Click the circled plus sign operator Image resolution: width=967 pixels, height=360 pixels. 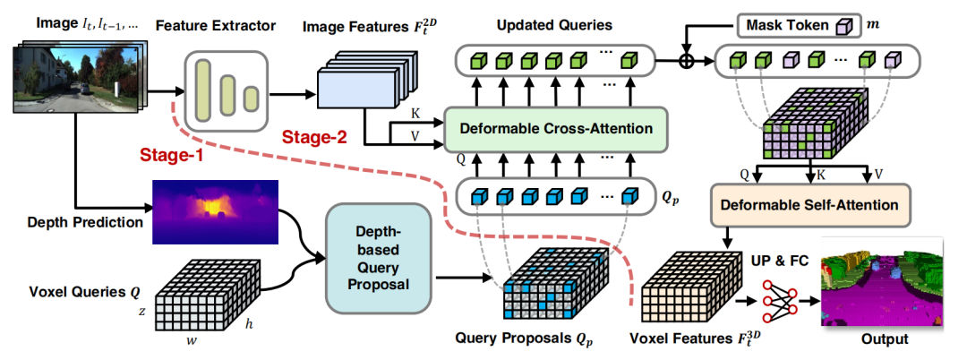(687, 63)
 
